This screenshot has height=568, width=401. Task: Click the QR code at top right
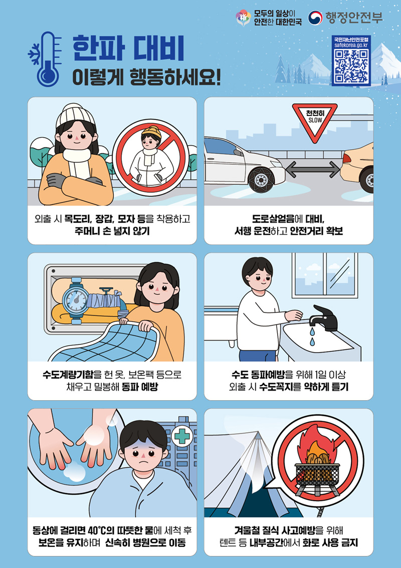pyautogui.click(x=351, y=66)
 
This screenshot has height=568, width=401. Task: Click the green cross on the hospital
pyautogui.click(x=183, y=433)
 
